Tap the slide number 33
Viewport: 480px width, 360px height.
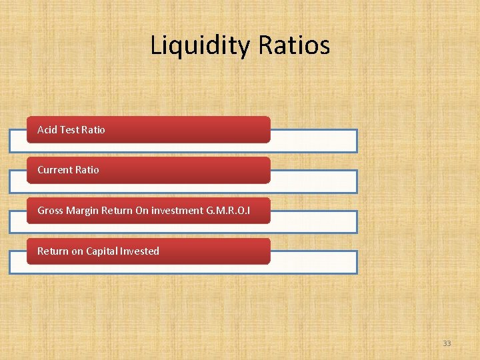coord(447,343)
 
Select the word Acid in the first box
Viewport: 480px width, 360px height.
coord(47,129)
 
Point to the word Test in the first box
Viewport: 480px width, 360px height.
coord(69,129)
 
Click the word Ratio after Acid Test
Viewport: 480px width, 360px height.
coord(93,129)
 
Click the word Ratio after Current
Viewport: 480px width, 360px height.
coord(87,170)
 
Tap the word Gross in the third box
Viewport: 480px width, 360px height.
coord(50,211)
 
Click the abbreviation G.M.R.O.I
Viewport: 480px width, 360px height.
coord(229,211)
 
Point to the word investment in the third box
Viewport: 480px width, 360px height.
coord(177,211)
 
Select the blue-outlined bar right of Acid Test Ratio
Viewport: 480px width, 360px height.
coord(313,141)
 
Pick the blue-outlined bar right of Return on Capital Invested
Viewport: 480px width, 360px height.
coord(313,262)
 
